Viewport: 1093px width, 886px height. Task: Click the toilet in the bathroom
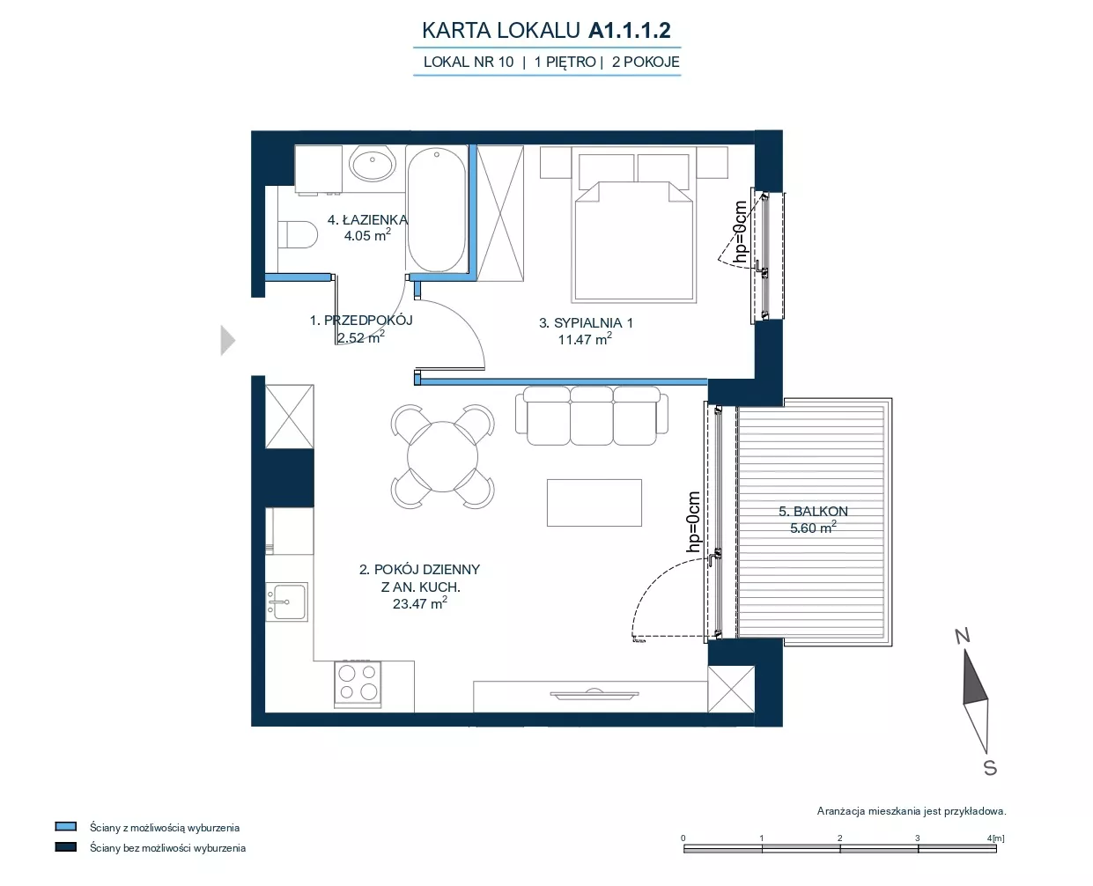pos(298,234)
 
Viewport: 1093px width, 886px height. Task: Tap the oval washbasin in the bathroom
pos(373,164)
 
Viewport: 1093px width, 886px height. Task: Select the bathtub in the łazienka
pos(437,209)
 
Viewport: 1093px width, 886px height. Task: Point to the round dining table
pos(442,456)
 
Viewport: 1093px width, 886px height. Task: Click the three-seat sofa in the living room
pos(592,416)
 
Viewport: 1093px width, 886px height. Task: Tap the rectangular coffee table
pos(595,502)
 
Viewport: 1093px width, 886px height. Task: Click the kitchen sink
pos(286,602)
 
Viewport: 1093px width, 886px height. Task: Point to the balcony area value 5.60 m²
pos(813,528)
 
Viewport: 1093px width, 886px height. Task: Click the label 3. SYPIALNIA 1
pos(586,322)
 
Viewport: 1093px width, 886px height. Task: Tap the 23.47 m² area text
pos(420,602)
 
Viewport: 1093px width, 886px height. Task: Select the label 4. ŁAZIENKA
pos(367,219)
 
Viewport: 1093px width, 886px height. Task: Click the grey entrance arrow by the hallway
pos(228,340)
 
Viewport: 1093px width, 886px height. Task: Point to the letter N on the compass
pos(963,636)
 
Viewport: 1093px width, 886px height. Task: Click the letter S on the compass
pos(990,768)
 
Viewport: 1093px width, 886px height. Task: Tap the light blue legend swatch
pos(66,826)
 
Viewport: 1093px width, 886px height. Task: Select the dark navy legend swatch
pos(66,847)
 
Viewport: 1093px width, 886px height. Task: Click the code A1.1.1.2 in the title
pos(629,30)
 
